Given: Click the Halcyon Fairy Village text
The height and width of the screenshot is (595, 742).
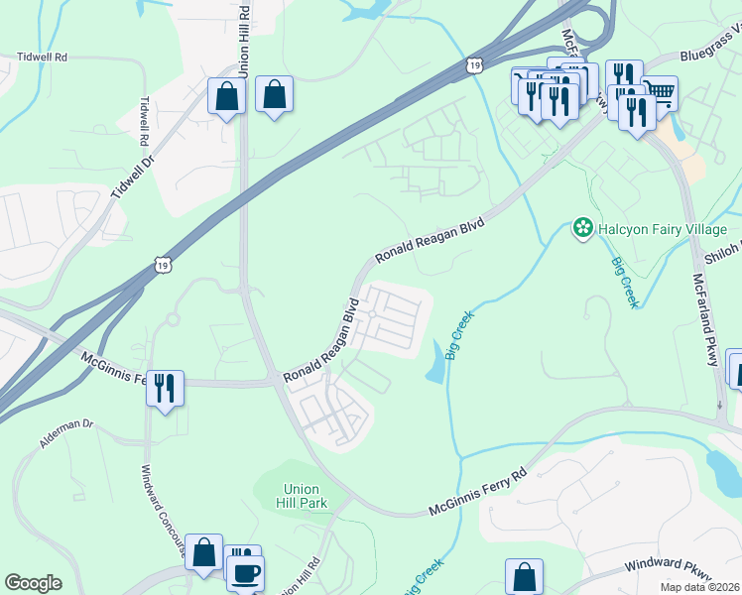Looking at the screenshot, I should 663,229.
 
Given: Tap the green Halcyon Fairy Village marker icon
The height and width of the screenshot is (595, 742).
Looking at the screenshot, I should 582,230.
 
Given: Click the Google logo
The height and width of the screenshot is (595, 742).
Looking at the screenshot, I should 33,583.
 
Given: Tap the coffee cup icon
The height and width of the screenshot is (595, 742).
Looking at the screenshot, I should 245,572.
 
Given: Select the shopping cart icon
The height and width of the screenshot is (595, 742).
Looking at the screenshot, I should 660,93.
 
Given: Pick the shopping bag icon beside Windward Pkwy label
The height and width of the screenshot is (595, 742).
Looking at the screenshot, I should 524,576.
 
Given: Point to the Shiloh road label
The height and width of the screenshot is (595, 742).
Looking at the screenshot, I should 722,254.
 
